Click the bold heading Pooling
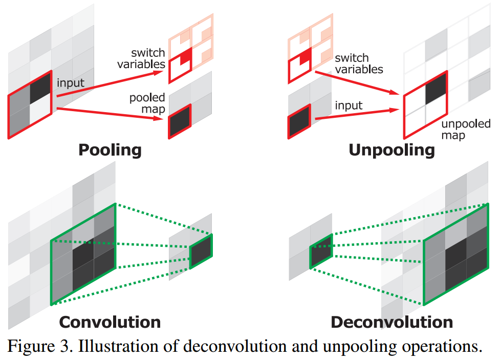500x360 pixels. click(110, 150)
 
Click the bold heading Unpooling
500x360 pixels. click(392, 150)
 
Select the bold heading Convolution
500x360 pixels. click(110, 322)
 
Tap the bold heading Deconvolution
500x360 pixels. click(392, 322)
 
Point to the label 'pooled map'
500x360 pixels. click(147, 102)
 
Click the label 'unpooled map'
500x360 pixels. click(465, 129)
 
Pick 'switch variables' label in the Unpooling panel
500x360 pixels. click(359, 63)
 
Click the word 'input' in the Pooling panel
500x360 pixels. click(71, 83)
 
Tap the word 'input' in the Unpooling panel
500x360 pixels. click(349, 105)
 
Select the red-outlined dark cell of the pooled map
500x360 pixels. click(180, 121)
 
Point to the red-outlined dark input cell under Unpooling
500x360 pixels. click(299, 121)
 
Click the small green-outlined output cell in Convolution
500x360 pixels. click(201, 251)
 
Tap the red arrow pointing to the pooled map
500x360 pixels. click(113, 113)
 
